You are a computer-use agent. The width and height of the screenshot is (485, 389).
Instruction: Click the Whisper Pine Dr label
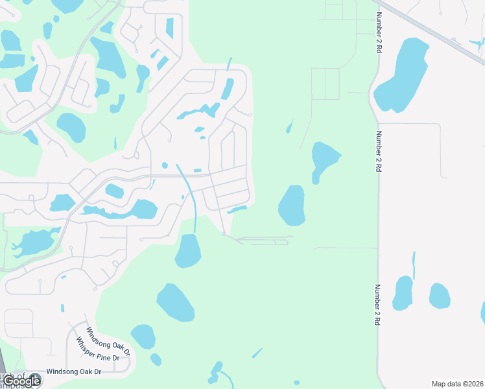coord(98,349)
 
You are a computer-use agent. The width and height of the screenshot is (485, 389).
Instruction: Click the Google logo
coord(21,381)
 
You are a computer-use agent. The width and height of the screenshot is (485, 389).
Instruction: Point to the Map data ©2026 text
coord(457,384)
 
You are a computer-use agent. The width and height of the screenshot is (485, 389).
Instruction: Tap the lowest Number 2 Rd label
coord(377,305)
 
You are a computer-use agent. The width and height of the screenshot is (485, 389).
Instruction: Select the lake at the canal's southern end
coord(188,252)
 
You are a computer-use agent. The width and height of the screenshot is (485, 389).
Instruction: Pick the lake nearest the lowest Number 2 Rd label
coord(403,293)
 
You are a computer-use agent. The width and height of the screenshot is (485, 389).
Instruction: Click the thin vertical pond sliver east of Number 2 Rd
coord(414,265)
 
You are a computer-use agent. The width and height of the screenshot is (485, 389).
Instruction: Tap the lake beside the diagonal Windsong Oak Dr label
coord(143,336)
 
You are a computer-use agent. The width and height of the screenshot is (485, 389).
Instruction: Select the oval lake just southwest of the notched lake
coord(292,205)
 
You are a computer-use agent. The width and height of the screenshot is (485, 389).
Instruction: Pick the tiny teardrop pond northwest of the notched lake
coord(289,127)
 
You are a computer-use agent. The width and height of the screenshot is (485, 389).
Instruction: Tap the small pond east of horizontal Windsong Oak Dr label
coord(156,359)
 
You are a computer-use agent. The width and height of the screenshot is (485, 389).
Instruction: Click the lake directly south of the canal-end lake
coord(175,302)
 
